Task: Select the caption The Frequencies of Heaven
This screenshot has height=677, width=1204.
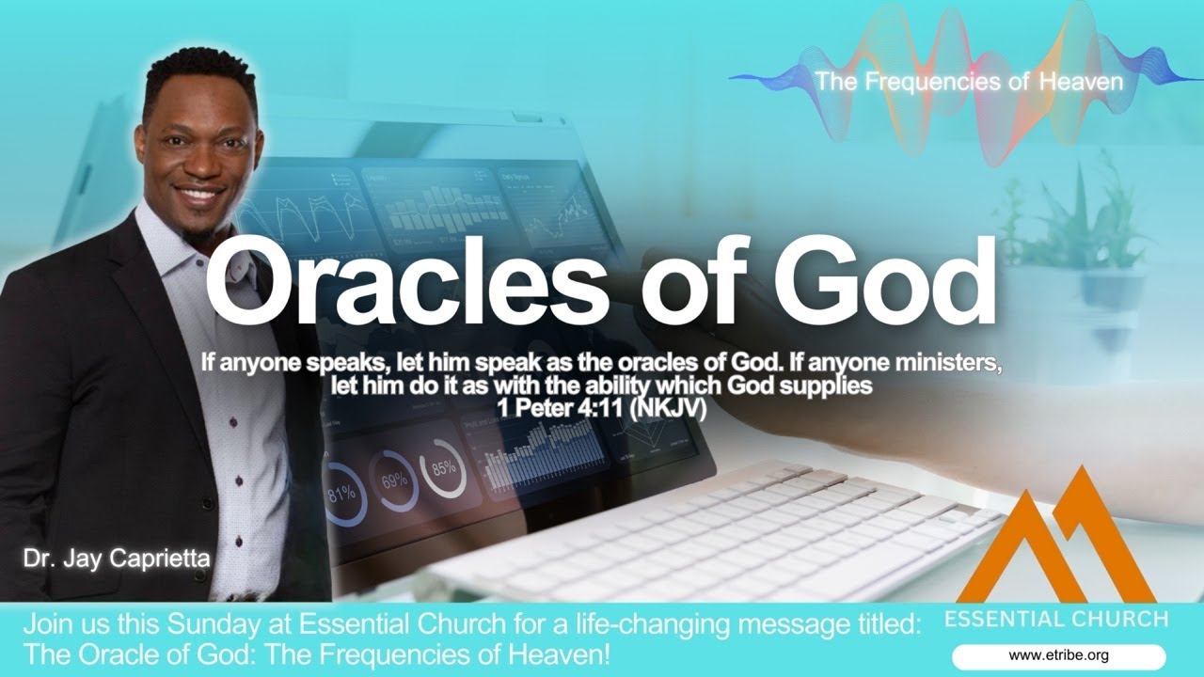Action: tap(969, 82)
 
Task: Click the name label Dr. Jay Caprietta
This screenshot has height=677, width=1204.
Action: tap(118, 561)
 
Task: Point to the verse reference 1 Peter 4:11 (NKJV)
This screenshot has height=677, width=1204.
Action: tap(602, 408)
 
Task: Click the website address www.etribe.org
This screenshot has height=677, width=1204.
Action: tap(1058, 655)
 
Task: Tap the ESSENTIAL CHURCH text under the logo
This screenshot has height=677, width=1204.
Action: tap(1056, 620)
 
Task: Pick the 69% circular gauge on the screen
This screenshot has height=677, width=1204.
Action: tap(394, 480)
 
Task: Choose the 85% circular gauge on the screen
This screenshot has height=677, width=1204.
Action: tap(443, 466)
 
